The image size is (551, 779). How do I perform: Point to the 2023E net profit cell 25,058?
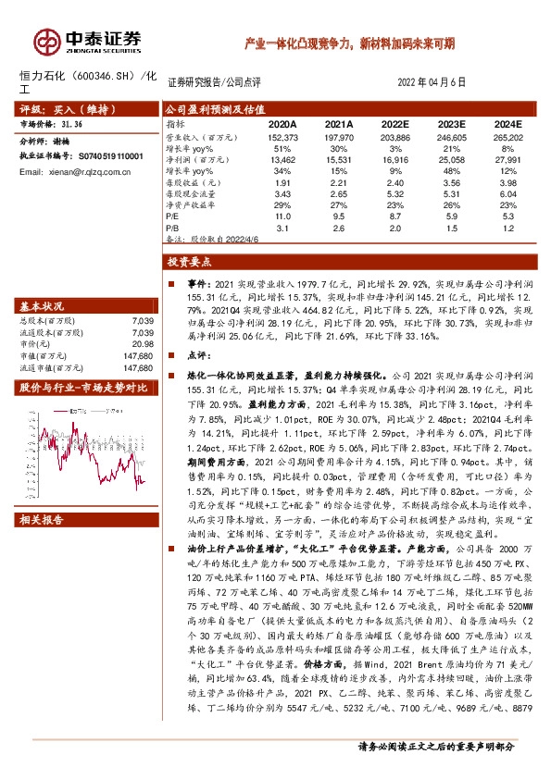(452, 158)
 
